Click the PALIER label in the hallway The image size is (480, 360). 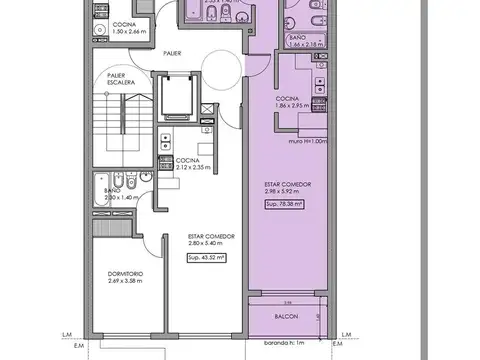(x=173, y=52)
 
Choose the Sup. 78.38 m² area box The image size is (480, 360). (x=286, y=205)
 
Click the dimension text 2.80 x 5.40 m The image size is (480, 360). (x=211, y=243)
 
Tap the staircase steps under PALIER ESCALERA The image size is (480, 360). (x=121, y=126)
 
